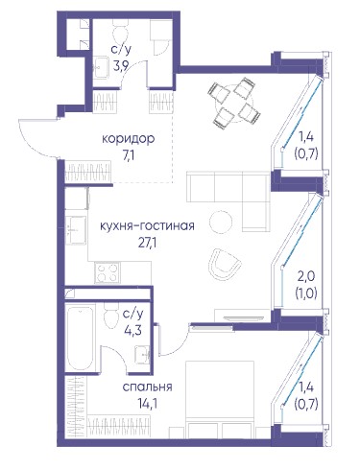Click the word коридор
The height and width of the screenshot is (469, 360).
click(129, 139)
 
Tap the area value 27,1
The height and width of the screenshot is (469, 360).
click(147, 244)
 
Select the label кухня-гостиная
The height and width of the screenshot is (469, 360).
click(147, 225)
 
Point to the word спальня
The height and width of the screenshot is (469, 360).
click(147, 387)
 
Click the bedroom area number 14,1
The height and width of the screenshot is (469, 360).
click(148, 404)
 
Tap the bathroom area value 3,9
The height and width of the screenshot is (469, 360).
click(121, 66)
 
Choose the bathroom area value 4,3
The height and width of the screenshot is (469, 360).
click(132, 330)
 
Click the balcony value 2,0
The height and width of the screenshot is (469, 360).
click(306, 276)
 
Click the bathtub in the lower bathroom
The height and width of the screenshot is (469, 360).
click(80, 338)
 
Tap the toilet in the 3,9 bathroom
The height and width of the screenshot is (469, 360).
click(121, 31)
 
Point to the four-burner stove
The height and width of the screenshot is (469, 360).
click(108, 272)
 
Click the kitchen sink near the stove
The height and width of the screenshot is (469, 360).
click(76, 230)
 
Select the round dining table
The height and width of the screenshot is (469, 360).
click(234, 104)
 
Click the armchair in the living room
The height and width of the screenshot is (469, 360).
click(224, 263)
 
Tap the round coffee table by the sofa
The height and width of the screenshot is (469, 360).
click(221, 223)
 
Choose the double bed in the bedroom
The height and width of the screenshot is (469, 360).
click(220, 399)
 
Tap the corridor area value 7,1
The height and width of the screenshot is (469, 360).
click(128, 156)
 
